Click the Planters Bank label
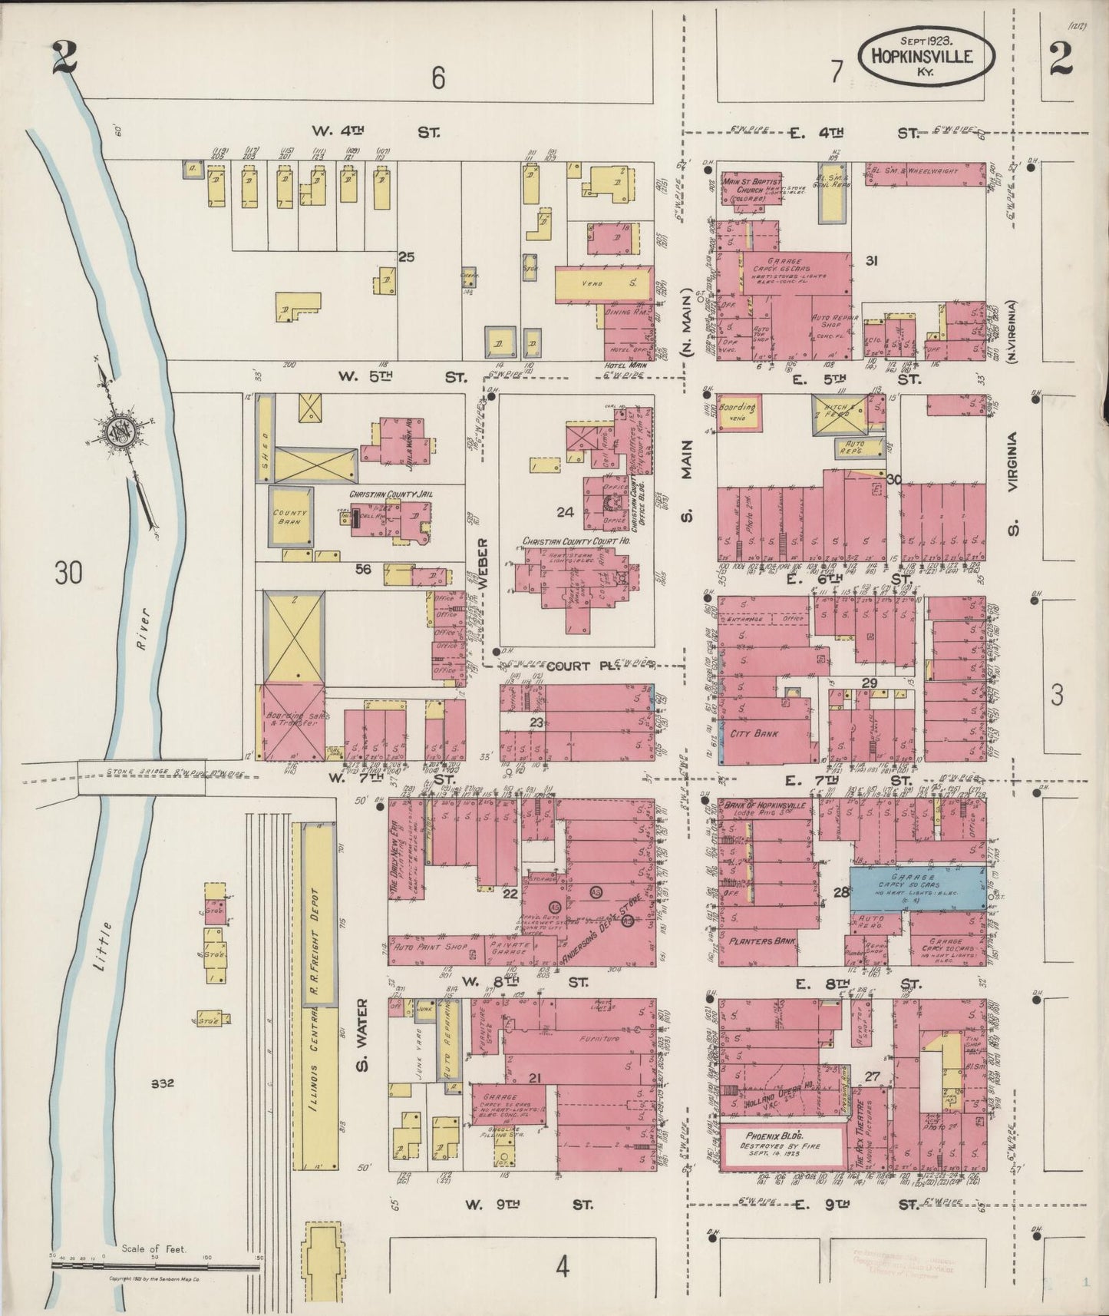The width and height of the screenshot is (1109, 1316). (762, 940)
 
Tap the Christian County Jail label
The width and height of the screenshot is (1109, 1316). (391, 494)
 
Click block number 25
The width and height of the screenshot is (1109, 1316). (406, 257)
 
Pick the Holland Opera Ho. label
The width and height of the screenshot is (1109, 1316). (777, 1106)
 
